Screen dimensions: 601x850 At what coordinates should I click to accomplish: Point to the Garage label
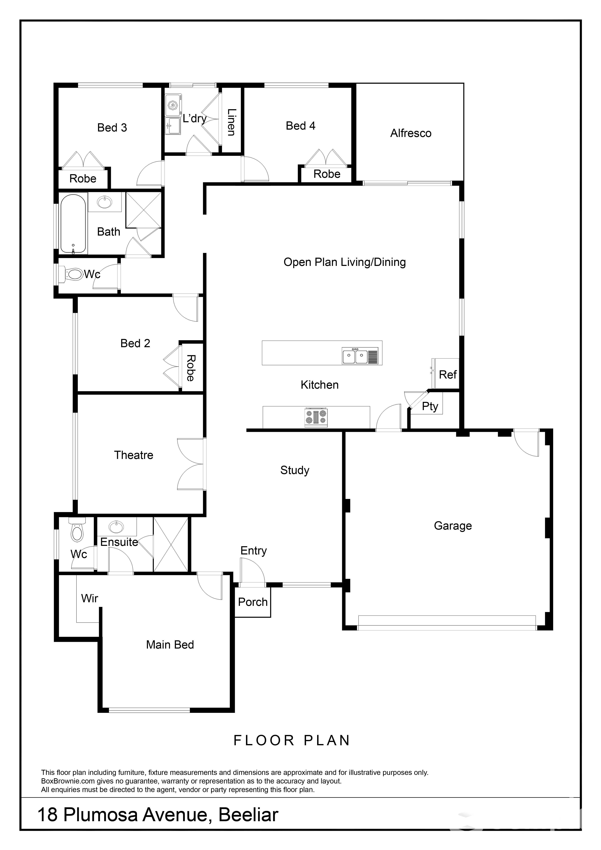(453, 526)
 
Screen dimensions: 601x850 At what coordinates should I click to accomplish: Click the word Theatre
(134, 455)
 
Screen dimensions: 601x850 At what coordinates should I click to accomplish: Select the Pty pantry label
(430, 406)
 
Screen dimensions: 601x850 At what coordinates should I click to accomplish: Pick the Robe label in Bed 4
(327, 174)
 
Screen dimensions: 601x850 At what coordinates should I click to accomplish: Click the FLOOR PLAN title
(292, 740)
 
